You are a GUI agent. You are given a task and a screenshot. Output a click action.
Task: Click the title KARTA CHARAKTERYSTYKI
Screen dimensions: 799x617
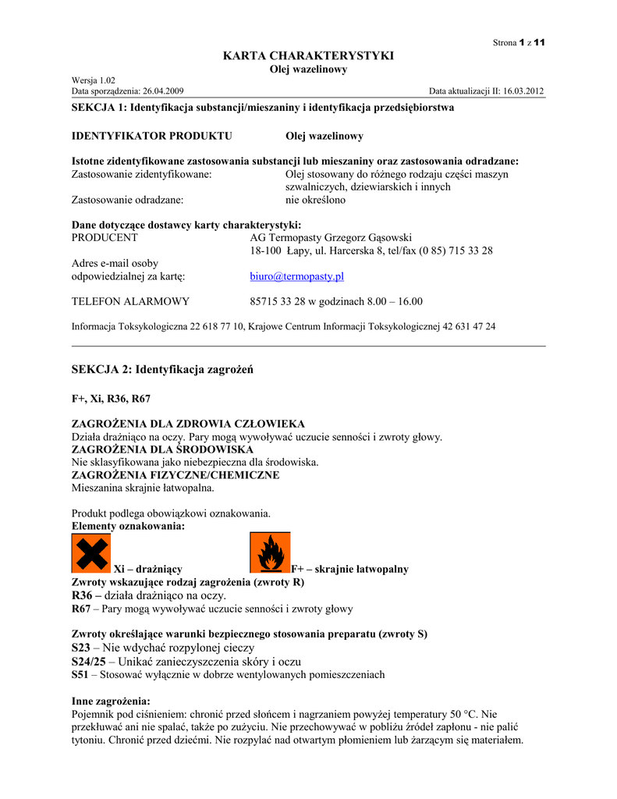[308, 55]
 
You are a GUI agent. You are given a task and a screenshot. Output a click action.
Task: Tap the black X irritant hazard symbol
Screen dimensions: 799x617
[90, 553]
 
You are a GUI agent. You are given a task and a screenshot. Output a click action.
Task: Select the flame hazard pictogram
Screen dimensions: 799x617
[269, 553]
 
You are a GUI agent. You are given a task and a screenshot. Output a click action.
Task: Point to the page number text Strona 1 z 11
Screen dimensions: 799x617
[518, 42]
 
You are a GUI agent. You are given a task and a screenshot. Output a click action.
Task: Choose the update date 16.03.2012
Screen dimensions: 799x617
[519, 91]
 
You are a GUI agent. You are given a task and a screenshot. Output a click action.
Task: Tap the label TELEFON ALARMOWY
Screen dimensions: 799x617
[130, 301]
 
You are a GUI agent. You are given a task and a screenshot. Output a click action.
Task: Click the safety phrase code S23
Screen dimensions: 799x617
[81, 648]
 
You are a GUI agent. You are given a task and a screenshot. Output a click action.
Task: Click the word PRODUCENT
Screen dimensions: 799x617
[105, 237]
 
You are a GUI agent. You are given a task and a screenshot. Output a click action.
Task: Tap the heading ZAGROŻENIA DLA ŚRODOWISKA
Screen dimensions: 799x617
[162, 450]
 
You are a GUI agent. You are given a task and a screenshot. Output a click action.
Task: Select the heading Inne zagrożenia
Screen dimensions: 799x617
[111, 701]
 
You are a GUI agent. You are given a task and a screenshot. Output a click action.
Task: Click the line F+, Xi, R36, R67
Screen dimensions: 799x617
[111, 398]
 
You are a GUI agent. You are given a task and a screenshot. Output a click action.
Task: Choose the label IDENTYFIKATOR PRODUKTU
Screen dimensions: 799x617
[152, 136]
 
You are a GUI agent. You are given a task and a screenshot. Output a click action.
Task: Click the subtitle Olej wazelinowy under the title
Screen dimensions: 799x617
[308, 69]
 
